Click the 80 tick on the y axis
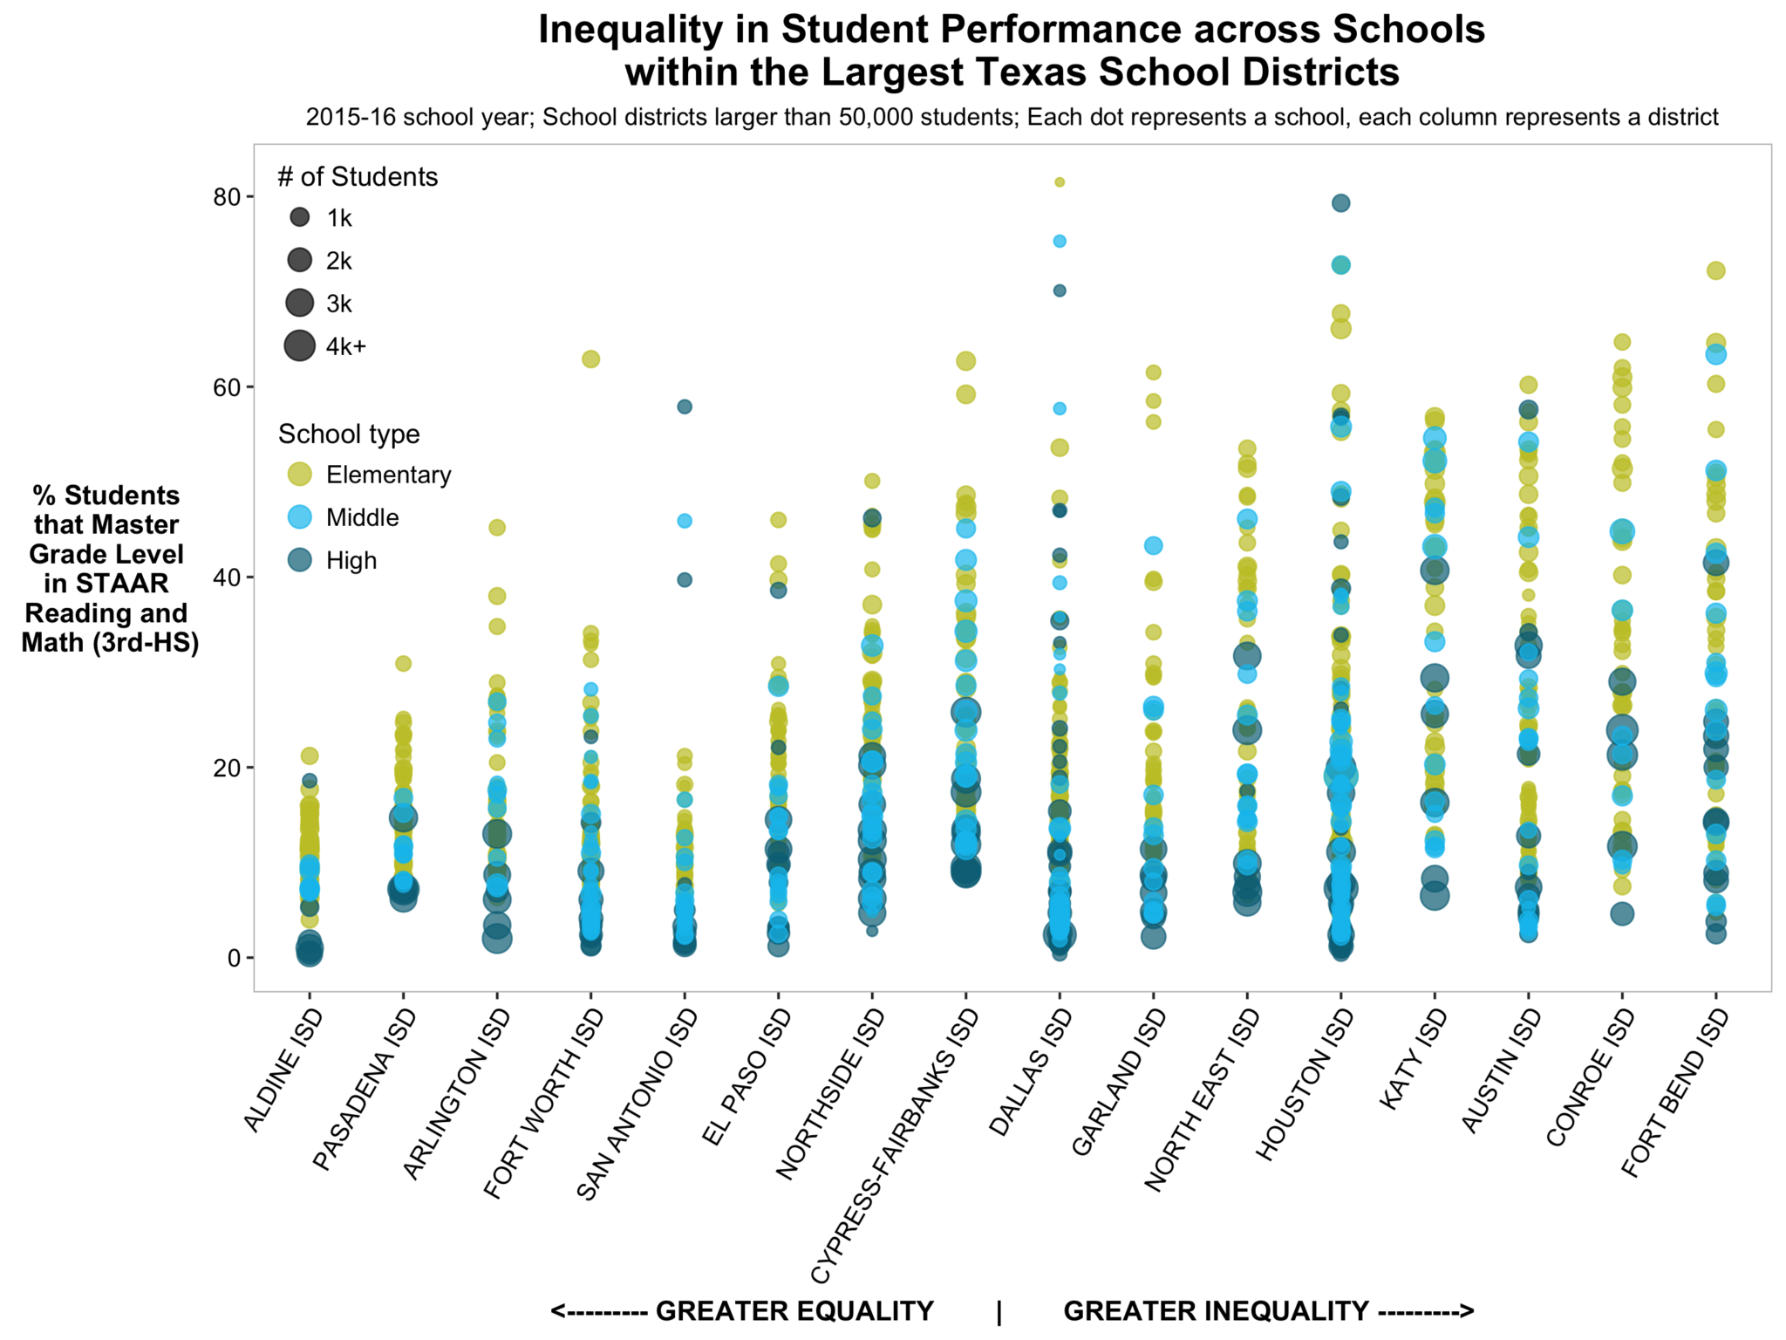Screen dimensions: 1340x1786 (x=226, y=197)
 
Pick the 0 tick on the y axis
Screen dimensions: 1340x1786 (x=233, y=958)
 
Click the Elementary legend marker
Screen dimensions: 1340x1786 (x=299, y=475)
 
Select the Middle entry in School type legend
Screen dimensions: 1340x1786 (x=362, y=517)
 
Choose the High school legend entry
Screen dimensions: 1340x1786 (x=351, y=560)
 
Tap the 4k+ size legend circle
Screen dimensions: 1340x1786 (x=299, y=345)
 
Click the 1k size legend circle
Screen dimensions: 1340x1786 (x=299, y=217)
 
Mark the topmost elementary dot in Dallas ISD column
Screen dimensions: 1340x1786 (x=1059, y=182)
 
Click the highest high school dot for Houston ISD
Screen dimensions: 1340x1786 (x=1340, y=203)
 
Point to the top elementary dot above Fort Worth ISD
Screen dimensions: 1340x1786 (x=590, y=359)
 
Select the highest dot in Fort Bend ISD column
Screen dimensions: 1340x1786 (x=1715, y=271)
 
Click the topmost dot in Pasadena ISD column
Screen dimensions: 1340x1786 (x=403, y=664)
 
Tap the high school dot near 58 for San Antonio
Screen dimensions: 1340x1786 (x=685, y=407)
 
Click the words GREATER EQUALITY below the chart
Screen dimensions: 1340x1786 (x=794, y=1311)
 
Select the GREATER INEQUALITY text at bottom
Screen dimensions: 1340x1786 (x=1216, y=1311)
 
